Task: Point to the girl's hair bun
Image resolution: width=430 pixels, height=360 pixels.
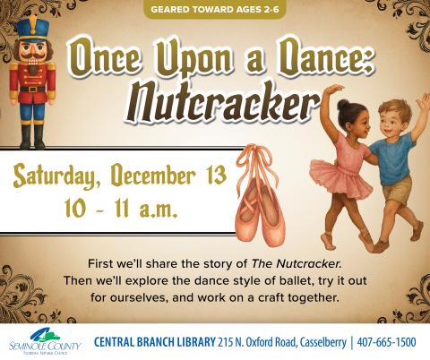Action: (x=344, y=105)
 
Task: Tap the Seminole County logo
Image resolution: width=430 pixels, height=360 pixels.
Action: (x=40, y=340)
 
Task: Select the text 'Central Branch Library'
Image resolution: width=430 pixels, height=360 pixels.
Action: (x=153, y=342)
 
